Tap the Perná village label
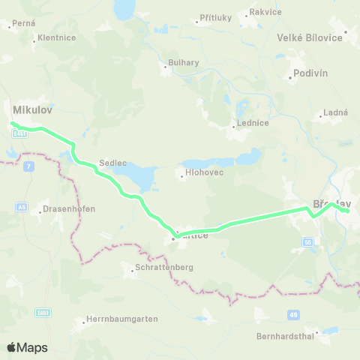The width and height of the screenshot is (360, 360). click(23, 24)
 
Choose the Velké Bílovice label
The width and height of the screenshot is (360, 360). click(309, 37)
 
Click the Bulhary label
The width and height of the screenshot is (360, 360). click(182, 62)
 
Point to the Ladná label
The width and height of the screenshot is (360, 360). click(334, 112)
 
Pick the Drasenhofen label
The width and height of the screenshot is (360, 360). click(68, 209)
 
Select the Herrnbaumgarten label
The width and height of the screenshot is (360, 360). click(121, 319)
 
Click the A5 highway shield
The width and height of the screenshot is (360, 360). click(22, 206)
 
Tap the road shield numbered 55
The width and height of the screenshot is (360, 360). click(307, 241)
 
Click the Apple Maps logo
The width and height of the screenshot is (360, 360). click(27, 347)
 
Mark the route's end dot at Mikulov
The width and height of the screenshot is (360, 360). click(13, 124)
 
